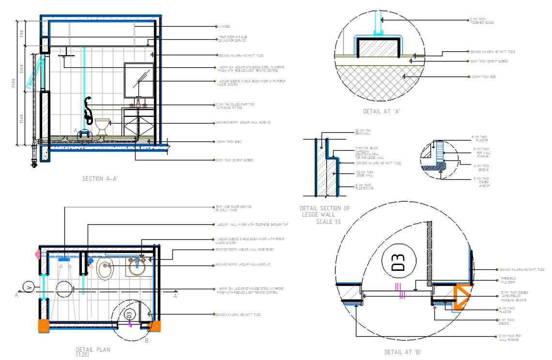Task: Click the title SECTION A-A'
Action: pyautogui.click(x=100, y=179)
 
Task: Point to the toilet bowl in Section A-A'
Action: pyautogui.click(x=102, y=126)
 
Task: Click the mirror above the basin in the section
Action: pyautogui.click(x=139, y=80)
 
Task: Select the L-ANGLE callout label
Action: pyautogui.click(x=224, y=27)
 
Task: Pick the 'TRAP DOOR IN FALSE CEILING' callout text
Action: pyautogui.click(x=232, y=39)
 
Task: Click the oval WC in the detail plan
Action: pyautogui.click(x=105, y=270)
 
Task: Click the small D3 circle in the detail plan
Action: pyautogui.click(x=129, y=314)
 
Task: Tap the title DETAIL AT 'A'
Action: pyautogui.click(x=381, y=111)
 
